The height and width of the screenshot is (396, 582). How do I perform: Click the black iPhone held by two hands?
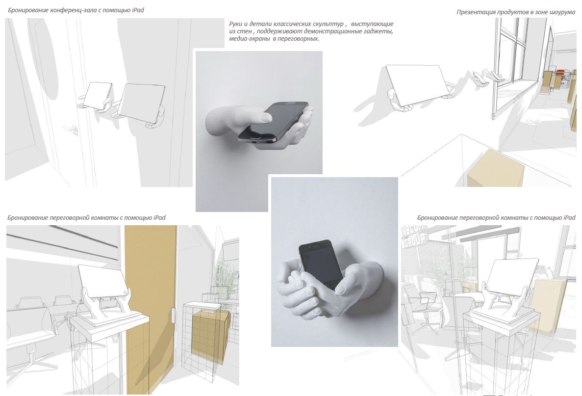321,264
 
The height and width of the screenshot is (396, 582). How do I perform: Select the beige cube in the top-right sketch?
496,168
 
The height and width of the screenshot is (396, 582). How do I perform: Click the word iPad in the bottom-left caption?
159,218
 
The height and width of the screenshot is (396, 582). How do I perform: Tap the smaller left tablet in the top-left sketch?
97,96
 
